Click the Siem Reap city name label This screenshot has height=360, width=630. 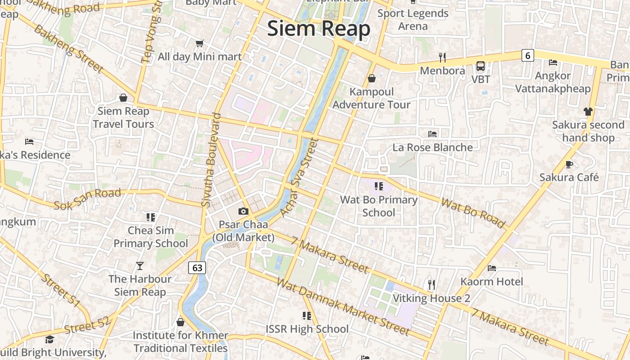tap(319, 28)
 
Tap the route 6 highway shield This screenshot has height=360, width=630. tap(528, 55)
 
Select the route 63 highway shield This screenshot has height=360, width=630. tap(197, 268)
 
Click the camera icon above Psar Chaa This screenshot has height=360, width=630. tap(243, 211)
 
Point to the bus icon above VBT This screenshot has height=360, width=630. tap(481, 66)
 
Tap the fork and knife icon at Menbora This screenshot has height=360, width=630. tap(442, 57)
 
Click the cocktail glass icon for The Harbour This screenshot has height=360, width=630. tap(140, 266)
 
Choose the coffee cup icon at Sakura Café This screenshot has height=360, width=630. tap(569, 164)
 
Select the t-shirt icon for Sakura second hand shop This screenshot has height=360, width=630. tap(588, 111)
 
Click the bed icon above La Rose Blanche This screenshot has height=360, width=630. tap(432, 134)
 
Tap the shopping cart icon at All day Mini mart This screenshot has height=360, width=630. tap(200, 43)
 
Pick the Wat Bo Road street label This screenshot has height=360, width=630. tap(473, 212)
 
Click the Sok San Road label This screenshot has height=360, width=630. tap(87, 199)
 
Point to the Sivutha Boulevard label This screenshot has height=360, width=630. tap(211, 160)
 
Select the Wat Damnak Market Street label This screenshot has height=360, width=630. tap(343, 307)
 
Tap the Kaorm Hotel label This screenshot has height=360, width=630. tap(491, 282)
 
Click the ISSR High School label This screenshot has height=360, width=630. tap(307, 329)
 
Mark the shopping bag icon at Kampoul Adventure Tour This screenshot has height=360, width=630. tap(372, 78)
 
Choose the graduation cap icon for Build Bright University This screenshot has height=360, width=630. tap(49, 339)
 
